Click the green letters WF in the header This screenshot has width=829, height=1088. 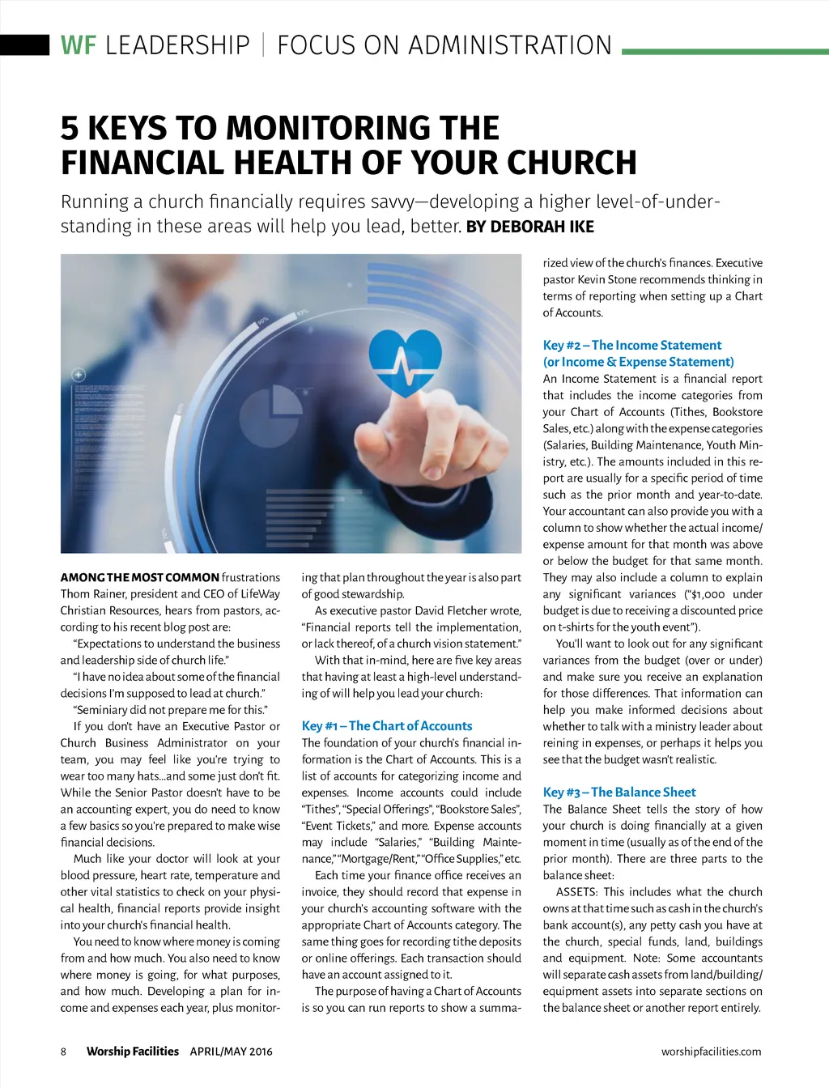pos(78,45)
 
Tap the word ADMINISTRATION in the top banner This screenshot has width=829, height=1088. pos(510,45)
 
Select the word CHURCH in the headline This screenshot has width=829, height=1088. pos(572,163)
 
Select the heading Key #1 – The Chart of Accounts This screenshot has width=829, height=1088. pos(387,726)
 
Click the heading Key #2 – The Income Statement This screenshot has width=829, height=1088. pos(632,345)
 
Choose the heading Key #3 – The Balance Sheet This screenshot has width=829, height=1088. pos(619,793)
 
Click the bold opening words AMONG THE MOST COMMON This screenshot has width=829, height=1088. pos(139,578)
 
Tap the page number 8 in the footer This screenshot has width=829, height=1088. pos(64,1052)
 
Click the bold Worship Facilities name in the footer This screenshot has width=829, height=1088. pos(133,1052)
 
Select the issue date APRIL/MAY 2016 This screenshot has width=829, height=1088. pos(232,1052)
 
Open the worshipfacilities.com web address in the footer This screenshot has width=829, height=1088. pos(711,1052)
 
